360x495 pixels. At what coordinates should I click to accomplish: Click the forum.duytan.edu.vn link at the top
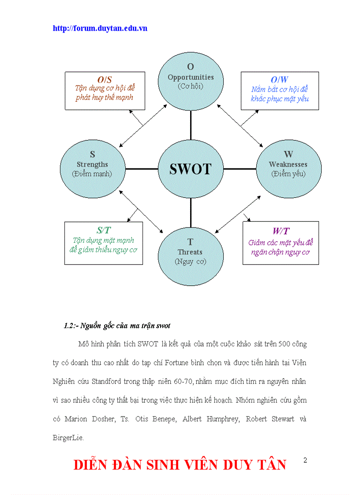click(100, 28)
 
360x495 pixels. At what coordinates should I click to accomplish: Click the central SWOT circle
click(191, 168)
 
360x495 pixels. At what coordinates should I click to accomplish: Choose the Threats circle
click(190, 252)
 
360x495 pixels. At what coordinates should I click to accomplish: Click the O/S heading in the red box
click(105, 80)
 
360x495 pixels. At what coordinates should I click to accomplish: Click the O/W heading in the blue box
click(280, 80)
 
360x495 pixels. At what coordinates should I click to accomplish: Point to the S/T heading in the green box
click(104, 231)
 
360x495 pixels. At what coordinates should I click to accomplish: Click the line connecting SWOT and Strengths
click(141, 168)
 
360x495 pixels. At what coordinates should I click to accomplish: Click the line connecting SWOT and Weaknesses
click(240, 168)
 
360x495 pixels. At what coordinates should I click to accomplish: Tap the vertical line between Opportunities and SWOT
click(191, 125)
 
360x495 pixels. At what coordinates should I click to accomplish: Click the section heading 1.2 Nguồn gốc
click(117, 326)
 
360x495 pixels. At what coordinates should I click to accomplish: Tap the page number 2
click(305, 460)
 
